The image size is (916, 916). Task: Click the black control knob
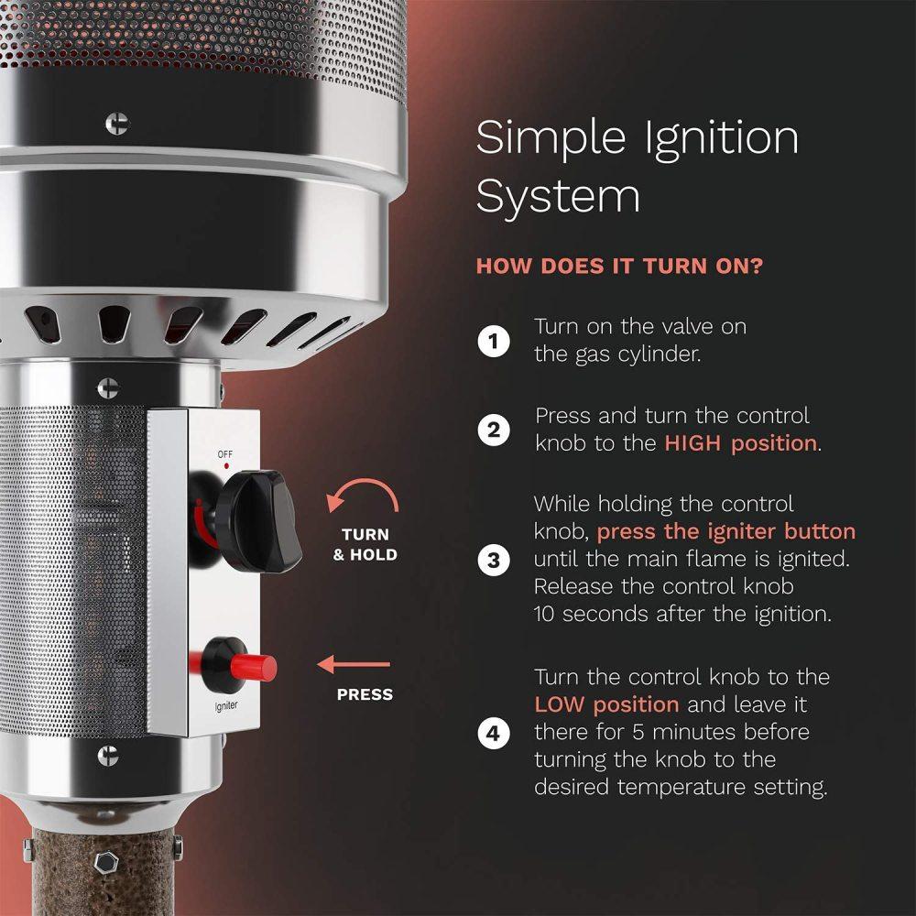click(257, 521)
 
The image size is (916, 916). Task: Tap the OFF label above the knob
click(225, 454)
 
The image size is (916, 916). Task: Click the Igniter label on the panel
click(226, 705)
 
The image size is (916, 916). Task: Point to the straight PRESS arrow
click(354, 664)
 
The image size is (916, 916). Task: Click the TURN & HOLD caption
click(365, 544)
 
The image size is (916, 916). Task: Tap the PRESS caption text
click(365, 694)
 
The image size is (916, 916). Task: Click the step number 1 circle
click(494, 341)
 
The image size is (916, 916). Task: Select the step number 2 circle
click(494, 430)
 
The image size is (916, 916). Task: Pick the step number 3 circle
click(494, 561)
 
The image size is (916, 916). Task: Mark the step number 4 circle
click(494, 733)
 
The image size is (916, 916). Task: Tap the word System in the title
click(558, 198)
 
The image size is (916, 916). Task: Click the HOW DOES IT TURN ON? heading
click(620, 267)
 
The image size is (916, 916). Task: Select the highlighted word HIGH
click(692, 444)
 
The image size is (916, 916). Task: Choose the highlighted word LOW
click(560, 705)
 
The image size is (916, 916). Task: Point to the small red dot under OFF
click(226, 466)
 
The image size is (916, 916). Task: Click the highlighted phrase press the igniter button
click(726, 531)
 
